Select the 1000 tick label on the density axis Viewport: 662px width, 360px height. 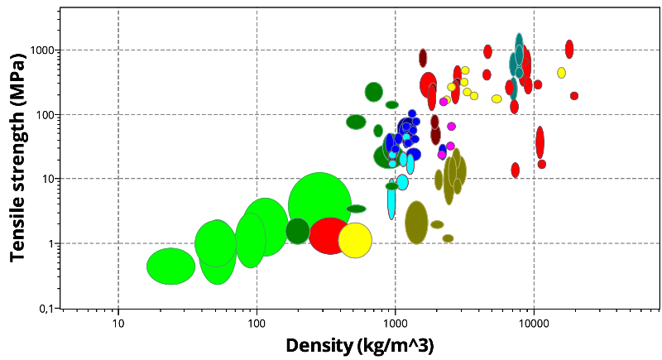(x=395, y=321)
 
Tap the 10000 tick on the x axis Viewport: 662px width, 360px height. (x=533, y=321)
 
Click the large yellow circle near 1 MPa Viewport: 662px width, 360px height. (x=355, y=240)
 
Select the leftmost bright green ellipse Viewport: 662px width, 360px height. (x=170, y=266)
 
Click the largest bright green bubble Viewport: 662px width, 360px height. (x=319, y=205)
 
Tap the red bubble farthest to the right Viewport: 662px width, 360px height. (x=574, y=96)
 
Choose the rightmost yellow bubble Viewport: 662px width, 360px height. (x=561, y=73)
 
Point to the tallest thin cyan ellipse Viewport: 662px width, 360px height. (x=391, y=199)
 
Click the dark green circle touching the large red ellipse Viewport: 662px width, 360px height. (x=298, y=231)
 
